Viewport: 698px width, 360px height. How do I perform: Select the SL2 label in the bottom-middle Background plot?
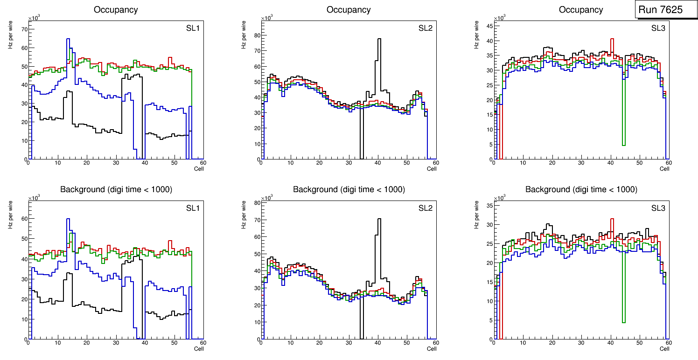(x=426, y=208)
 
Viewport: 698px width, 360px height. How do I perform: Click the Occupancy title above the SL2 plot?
(x=349, y=10)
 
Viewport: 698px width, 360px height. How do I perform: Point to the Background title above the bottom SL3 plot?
(x=581, y=189)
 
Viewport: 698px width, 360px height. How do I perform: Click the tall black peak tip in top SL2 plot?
(x=379, y=39)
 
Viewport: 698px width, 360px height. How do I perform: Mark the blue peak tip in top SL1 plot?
(x=68, y=39)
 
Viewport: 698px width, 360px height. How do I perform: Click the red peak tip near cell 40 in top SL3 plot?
(x=612, y=39)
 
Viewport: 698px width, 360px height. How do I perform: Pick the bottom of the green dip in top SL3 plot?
(x=623, y=145)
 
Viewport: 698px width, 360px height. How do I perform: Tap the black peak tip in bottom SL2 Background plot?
(x=379, y=219)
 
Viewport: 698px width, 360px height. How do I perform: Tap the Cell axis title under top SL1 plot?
(x=199, y=169)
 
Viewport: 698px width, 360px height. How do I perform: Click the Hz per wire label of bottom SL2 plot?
(x=244, y=215)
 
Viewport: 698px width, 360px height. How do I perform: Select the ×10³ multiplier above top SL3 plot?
(x=500, y=18)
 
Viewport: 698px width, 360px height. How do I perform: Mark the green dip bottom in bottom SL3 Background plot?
(x=623, y=322)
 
